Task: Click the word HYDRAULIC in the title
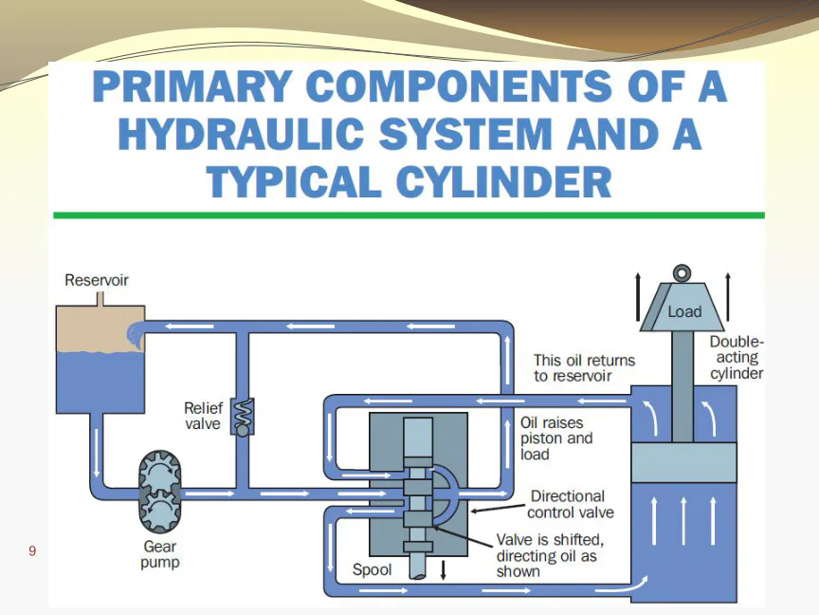pyautogui.click(x=241, y=134)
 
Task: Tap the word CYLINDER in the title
pyautogui.click(x=504, y=181)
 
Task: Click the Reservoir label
pyautogui.click(x=97, y=280)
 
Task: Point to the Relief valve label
pyautogui.click(x=203, y=416)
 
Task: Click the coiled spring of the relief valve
pyautogui.click(x=244, y=412)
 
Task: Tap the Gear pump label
pyautogui.click(x=160, y=554)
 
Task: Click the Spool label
pyautogui.click(x=372, y=569)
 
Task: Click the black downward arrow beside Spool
pyautogui.click(x=443, y=570)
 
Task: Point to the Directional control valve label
pyautogui.click(x=571, y=504)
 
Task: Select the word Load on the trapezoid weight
pyautogui.click(x=684, y=311)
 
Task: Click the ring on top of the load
pyautogui.click(x=682, y=273)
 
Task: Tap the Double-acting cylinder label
pyautogui.click(x=737, y=358)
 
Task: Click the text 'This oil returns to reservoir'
pyautogui.click(x=584, y=368)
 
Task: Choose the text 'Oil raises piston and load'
pyautogui.click(x=556, y=438)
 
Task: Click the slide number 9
pyautogui.click(x=32, y=550)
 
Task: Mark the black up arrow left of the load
pyautogui.click(x=638, y=296)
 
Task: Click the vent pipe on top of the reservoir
pyautogui.click(x=100, y=299)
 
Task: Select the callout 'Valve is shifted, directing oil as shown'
pyautogui.click(x=550, y=555)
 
